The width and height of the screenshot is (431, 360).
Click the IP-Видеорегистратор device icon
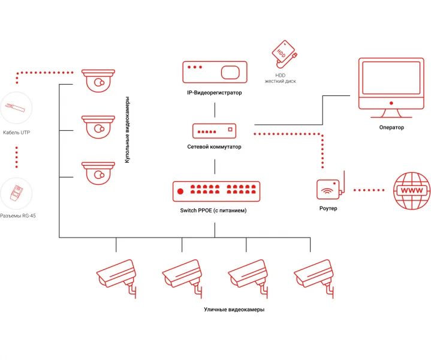[215, 73]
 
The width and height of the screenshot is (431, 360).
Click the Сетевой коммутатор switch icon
[214, 130]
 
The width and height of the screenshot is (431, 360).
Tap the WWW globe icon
[411, 190]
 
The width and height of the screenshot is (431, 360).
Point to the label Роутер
[328, 208]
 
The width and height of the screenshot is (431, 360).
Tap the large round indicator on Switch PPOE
[180, 191]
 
